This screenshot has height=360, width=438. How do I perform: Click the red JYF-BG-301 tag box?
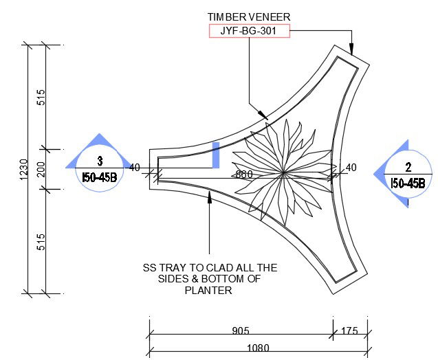pos(248,30)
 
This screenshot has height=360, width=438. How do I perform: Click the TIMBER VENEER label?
pos(248,15)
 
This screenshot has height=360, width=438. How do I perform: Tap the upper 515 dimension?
pos(41,98)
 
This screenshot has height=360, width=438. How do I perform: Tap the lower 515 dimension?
pos(41,240)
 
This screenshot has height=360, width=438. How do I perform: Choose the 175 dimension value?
pos(349,331)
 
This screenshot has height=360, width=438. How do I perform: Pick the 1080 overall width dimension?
pos(259,348)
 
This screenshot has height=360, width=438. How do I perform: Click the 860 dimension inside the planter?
pos(244,175)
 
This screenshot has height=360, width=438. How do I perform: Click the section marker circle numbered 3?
pos(100,169)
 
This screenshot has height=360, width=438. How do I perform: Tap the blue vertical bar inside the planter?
pos(216,155)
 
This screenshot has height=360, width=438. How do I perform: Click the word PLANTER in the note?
pos(208,291)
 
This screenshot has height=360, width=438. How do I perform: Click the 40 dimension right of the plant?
pos(351,167)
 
